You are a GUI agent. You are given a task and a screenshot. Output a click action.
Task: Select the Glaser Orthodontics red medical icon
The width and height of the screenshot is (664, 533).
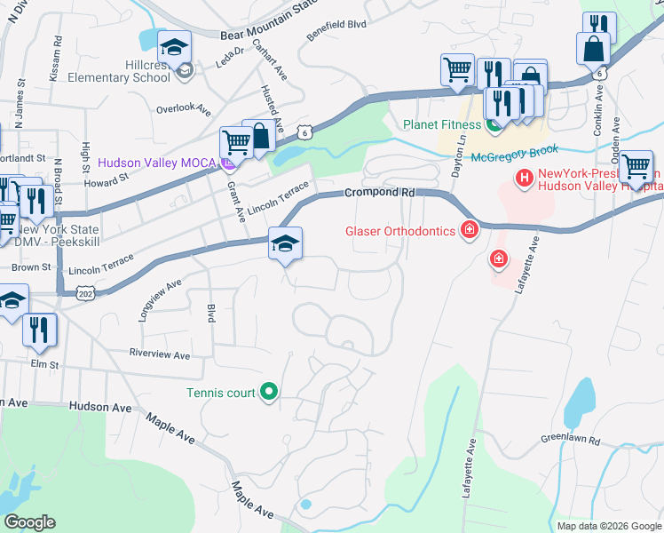pos(469,232)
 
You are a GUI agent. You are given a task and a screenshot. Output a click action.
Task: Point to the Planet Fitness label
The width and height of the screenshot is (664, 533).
pos(440,124)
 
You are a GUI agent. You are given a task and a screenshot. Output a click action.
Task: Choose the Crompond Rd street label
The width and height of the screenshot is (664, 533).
pos(380,192)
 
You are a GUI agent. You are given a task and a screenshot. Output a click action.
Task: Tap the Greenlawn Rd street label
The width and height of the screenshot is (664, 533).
pos(571,441)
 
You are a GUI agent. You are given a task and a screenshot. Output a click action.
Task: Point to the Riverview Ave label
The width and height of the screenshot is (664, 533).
pos(160,355)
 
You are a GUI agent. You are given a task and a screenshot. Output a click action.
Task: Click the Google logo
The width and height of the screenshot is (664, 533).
pos(30,522)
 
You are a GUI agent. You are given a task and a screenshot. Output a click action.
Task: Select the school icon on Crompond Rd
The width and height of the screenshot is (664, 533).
pos(285,244)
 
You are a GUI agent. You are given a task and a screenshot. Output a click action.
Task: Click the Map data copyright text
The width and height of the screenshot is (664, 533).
pos(608,526)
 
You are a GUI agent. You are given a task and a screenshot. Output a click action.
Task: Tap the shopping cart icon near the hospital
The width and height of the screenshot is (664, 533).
pos(636,167)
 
